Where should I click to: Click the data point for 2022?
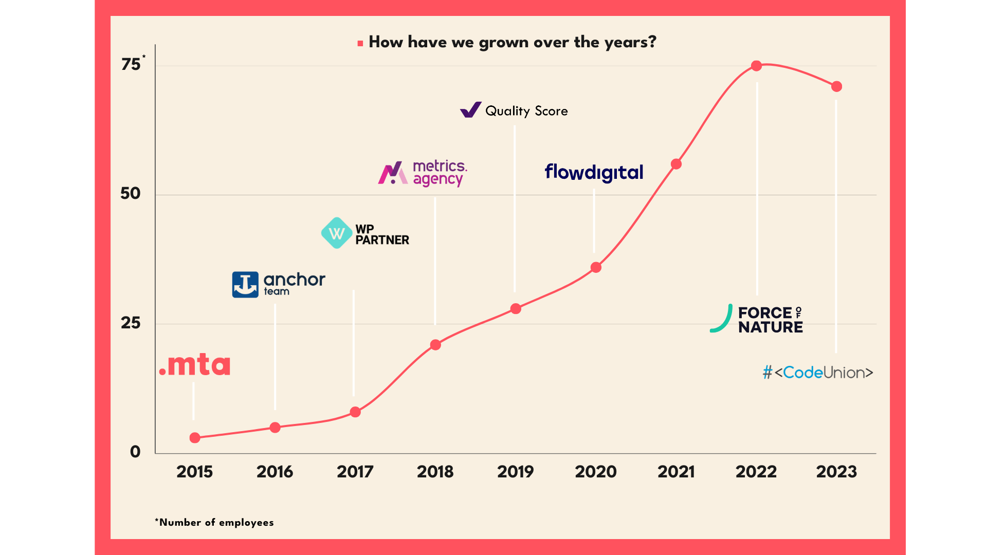pyautogui.click(x=756, y=66)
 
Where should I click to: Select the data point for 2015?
pyautogui.click(x=195, y=438)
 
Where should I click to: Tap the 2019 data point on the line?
pyautogui.click(x=516, y=309)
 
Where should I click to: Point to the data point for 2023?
pyautogui.click(x=836, y=86)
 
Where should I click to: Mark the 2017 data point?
pyautogui.click(x=355, y=412)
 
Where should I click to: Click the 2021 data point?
pyautogui.click(x=676, y=164)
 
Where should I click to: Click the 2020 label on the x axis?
pyautogui.click(x=596, y=472)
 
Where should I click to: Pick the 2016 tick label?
pyautogui.click(x=275, y=472)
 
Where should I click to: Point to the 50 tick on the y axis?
pyautogui.click(x=131, y=194)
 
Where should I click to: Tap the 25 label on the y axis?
pyautogui.click(x=131, y=323)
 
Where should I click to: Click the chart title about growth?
pyautogui.click(x=512, y=42)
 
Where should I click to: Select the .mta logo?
pyautogui.click(x=195, y=365)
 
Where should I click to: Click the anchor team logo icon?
pyautogui.click(x=245, y=285)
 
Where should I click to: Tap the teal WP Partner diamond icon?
pyautogui.click(x=337, y=233)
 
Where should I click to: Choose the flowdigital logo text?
pyautogui.click(x=594, y=173)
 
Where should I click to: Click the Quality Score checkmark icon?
pyautogui.click(x=470, y=110)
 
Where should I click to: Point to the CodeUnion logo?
pyautogui.click(x=818, y=373)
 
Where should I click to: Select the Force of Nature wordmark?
pyautogui.click(x=770, y=320)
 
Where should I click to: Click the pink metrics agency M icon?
pyautogui.click(x=393, y=173)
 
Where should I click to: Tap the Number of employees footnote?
pyautogui.click(x=214, y=523)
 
